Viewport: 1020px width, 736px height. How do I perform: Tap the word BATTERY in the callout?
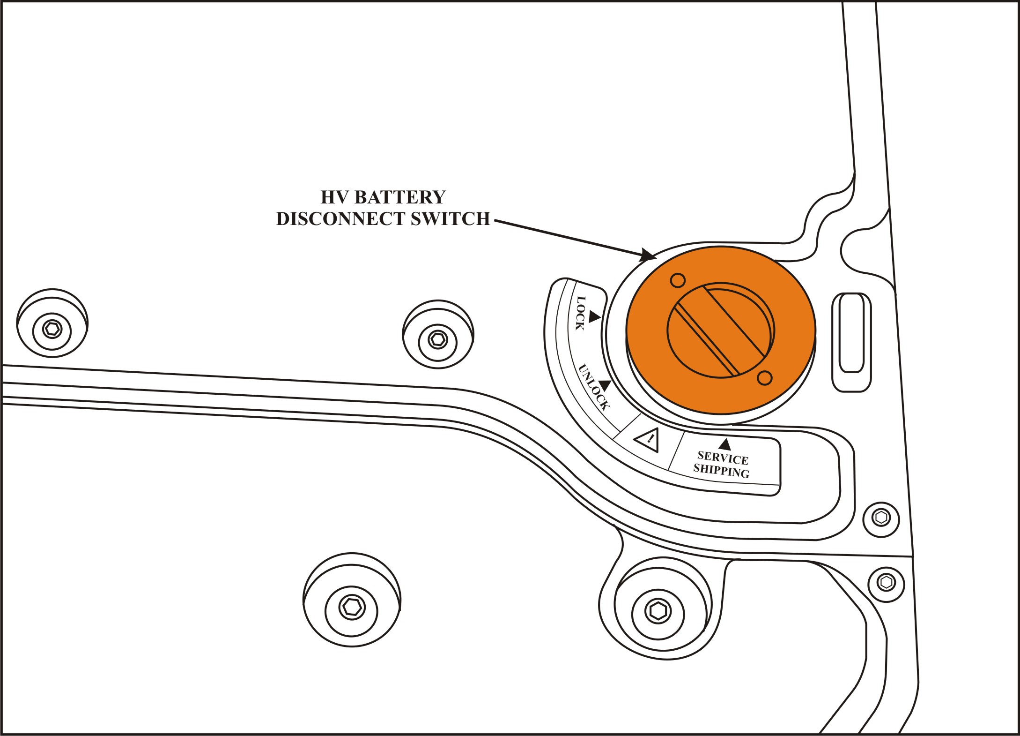400,197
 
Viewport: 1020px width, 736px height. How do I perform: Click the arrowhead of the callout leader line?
649,255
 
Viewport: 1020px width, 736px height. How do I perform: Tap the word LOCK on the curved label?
580,313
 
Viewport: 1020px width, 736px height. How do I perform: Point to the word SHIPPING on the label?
722,471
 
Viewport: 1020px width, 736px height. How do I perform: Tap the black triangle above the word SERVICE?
724,443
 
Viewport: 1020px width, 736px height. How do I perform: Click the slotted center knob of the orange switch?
720,330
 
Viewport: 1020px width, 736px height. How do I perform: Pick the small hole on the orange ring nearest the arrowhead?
678,280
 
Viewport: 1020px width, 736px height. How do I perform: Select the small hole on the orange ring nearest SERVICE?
764,377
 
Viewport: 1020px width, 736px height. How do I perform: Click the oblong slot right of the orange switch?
851,342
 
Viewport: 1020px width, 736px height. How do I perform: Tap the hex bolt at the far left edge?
52,329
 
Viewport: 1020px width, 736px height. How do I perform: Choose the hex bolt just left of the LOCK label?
438,338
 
